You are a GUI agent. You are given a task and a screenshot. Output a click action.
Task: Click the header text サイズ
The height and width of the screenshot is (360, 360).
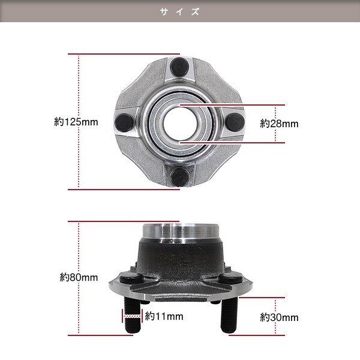click(x=180, y=11)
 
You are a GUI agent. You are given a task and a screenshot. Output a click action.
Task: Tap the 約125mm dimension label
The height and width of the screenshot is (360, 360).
click(x=76, y=122)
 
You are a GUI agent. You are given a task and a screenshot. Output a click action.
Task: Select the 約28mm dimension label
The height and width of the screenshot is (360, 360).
click(x=279, y=124)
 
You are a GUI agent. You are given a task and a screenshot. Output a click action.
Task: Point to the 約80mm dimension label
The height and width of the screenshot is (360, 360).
click(x=79, y=277)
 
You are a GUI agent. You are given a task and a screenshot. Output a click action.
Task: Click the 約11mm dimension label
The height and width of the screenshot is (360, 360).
click(x=164, y=316)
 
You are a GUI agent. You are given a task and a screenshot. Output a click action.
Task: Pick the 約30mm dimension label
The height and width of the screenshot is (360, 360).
click(x=279, y=317)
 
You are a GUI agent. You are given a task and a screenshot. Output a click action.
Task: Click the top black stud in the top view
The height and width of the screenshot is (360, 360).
click(x=179, y=67)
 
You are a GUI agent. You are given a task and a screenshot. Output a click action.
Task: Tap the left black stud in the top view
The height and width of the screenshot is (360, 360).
click(x=124, y=122)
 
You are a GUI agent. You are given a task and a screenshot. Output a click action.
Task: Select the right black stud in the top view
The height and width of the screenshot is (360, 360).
click(x=235, y=122)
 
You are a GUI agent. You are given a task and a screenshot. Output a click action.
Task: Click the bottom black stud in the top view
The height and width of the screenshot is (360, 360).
click(x=180, y=177)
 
